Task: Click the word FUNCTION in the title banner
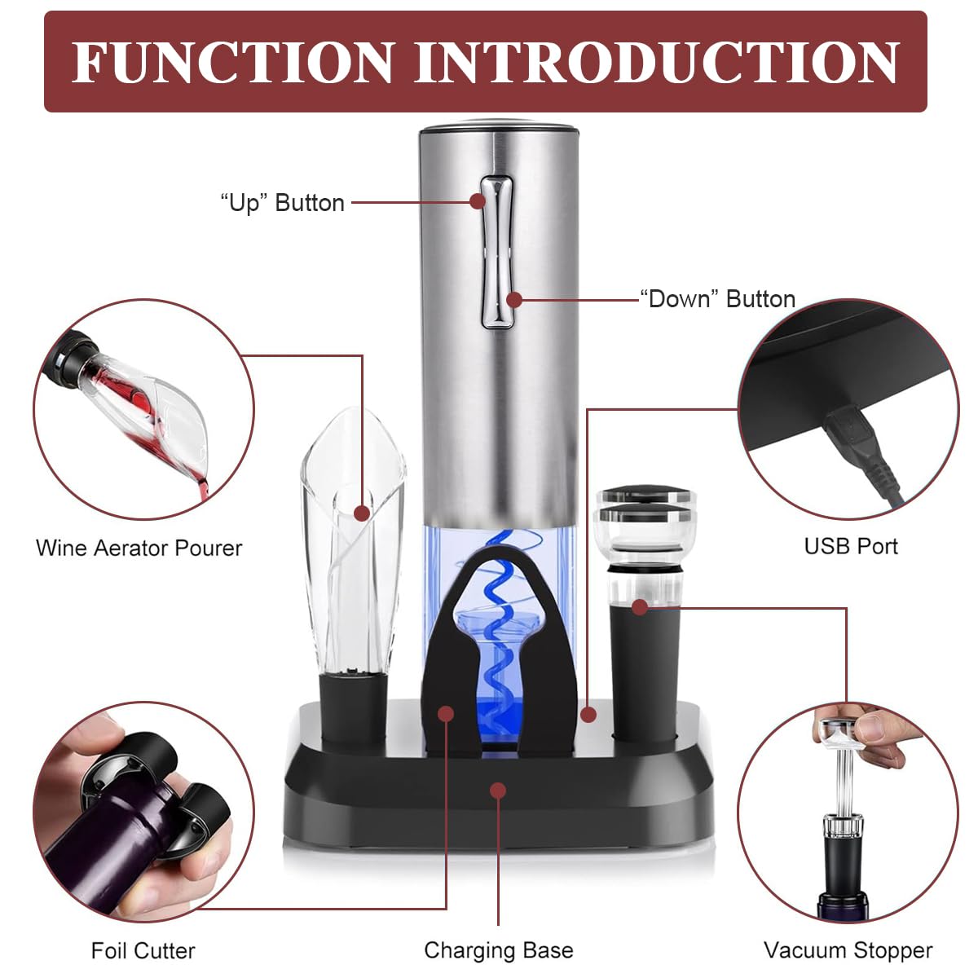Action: tap(233, 62)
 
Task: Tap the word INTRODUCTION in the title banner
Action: tap(657, 62)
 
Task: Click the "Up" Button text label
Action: tap(282, 203)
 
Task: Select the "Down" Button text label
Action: tap(717, 299)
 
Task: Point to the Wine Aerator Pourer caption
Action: tap(139, 548)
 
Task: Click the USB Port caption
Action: tap(851, 547)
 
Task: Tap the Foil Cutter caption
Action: tap(143, 950)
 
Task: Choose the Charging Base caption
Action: tap(499, 950)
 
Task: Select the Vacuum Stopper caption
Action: tap(848, 950)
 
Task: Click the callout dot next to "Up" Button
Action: tap(478, 201)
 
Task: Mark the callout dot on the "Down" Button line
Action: tap(514, 300)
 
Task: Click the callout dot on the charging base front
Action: tap(499, 791)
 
